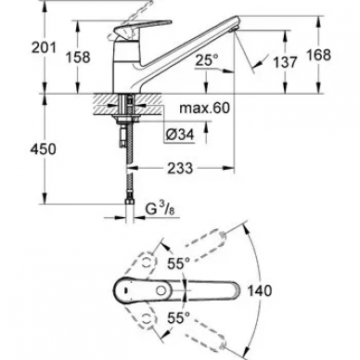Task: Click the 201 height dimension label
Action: click(x=44, y=47)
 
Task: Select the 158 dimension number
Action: click(x=78, y=58)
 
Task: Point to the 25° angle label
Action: click(x=206, y=60)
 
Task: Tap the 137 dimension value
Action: click(x=285, y=62)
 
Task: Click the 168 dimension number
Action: click(x=318, y=55)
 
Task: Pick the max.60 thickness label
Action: click(x=205, y=108)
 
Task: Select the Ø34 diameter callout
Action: click(x=180, y=135)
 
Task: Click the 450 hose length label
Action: click(x=44, y=149)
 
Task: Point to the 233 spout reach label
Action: click(x=180, y=169)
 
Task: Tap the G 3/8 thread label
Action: click(x=161, y=210)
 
